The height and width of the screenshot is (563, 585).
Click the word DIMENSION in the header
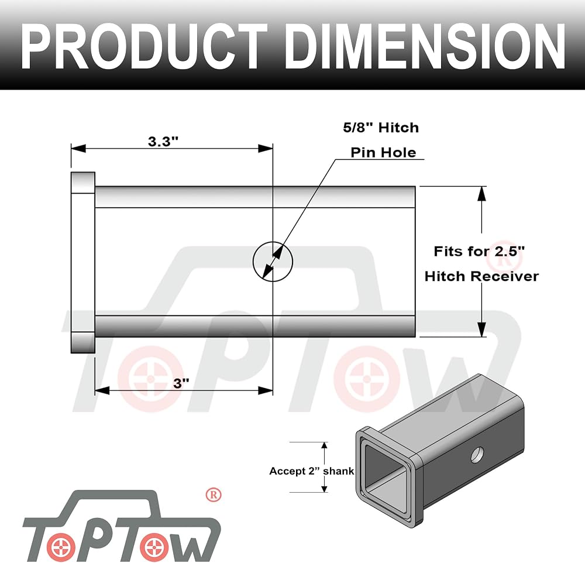tap(427, 46)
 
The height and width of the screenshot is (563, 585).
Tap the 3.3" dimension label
tap(163, 142)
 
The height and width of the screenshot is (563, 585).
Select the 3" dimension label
tap(181, 383)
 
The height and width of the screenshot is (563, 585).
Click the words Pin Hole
tap(384, 152)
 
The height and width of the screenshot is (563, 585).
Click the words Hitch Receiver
tap(481, 276)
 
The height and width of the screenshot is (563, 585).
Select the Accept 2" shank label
tap(312, 471)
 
